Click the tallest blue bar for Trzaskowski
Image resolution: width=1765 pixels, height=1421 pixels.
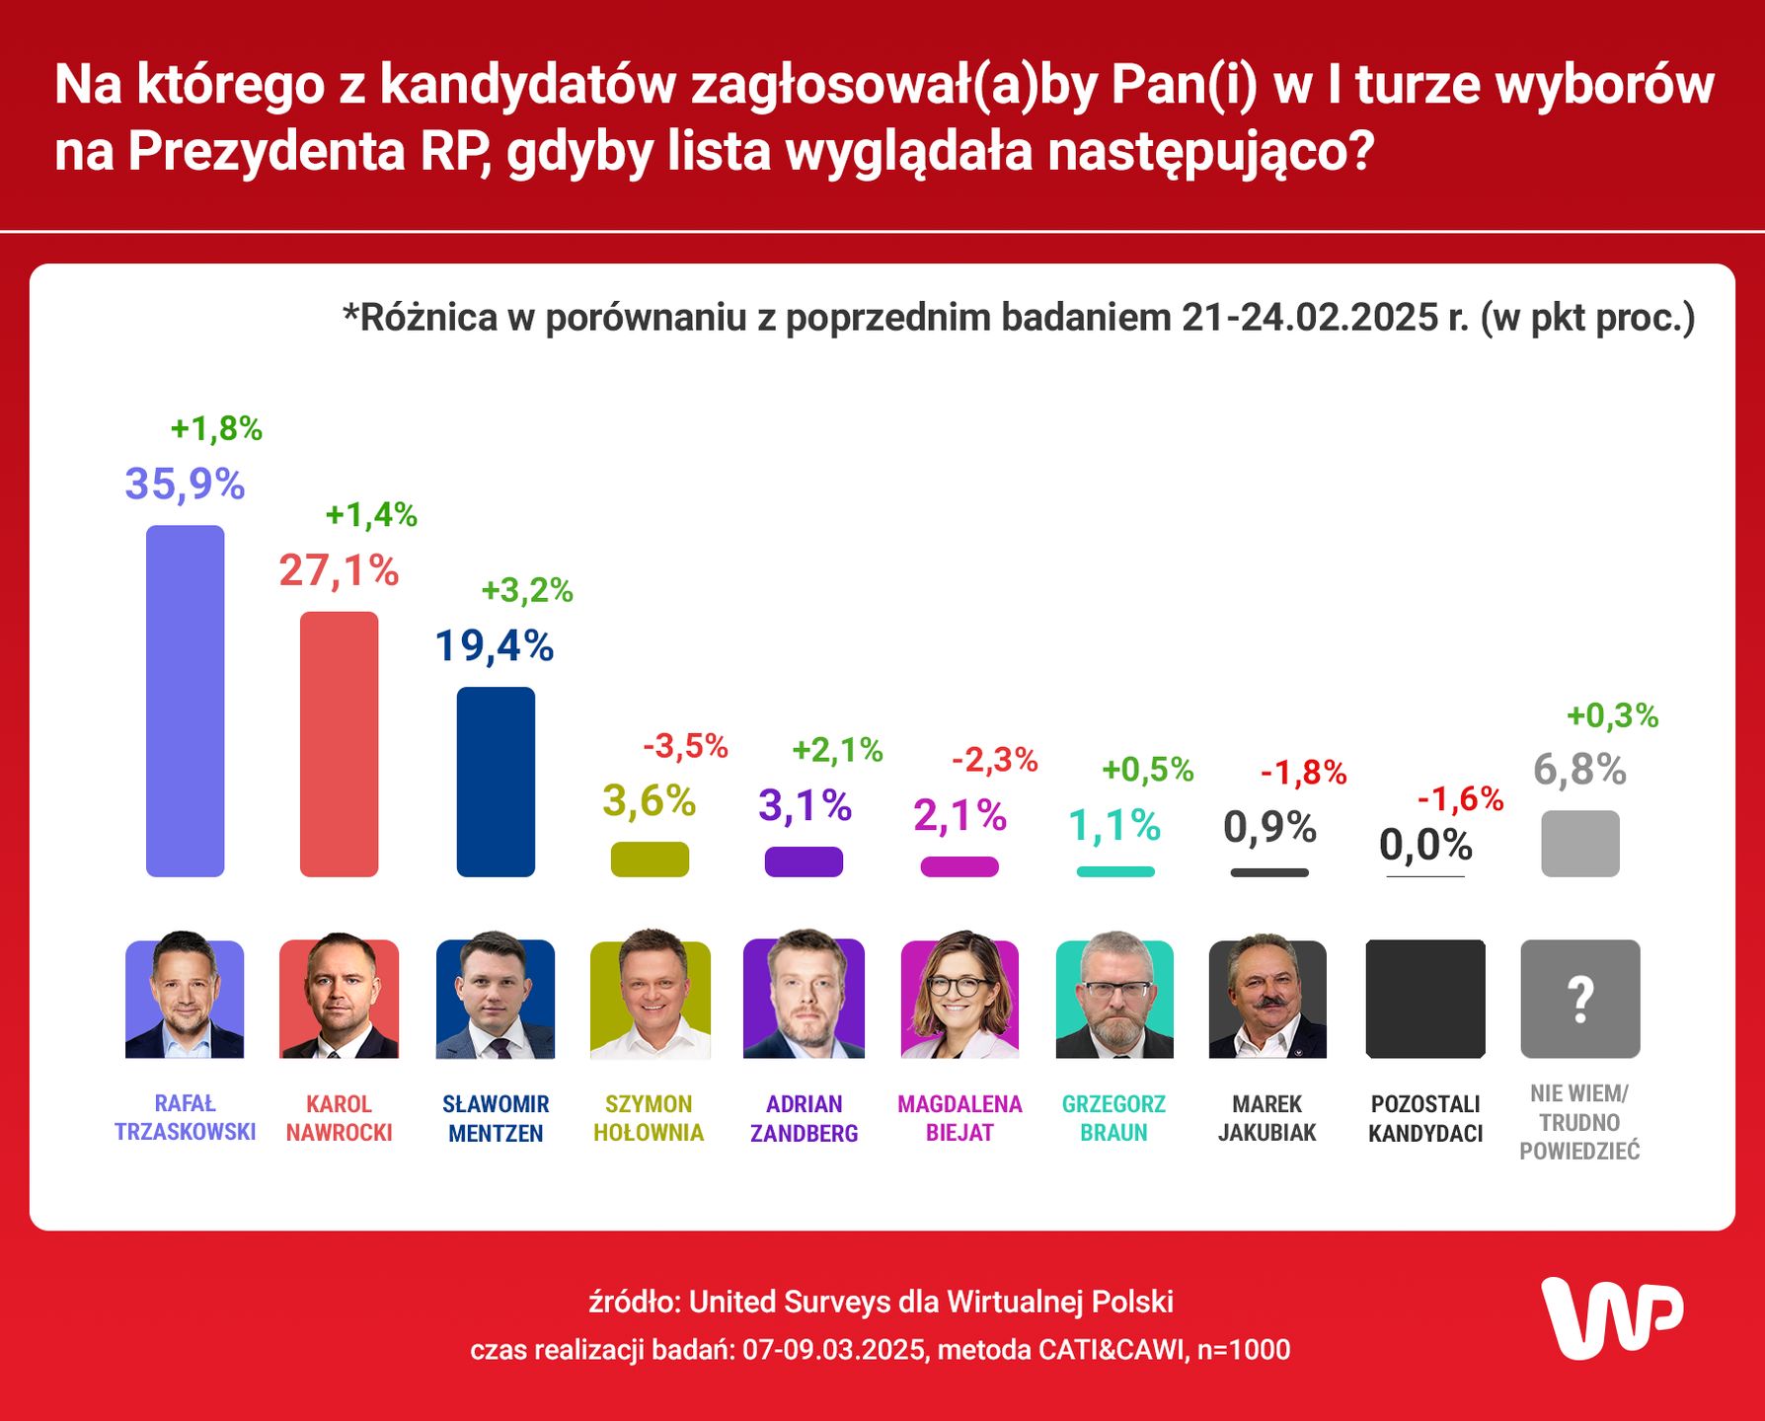[x=185, y=701]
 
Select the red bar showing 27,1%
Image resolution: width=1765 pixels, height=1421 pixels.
[x=339, y=744]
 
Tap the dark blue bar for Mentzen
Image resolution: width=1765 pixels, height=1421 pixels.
[x=496, y=782]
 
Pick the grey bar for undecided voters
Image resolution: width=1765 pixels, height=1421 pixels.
[x=1579, y=843]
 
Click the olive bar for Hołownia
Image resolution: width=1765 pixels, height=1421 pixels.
[x=650, y=859]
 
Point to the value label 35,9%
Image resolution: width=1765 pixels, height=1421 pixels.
[x=185, y=485]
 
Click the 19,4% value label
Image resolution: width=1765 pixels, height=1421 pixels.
[x=495, y=646]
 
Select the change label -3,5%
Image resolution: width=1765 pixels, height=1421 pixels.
[x=685, y=747]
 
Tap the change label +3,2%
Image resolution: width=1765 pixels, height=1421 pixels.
[x=526, y=590]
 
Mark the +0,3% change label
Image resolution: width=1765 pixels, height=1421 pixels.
[x=1612, y=715]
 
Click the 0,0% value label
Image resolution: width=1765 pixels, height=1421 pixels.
[x=1425, y=846]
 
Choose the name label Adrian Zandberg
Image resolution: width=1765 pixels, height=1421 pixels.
[x=804, y=1118]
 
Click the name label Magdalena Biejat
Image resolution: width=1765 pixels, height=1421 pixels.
[x=959, y=1118]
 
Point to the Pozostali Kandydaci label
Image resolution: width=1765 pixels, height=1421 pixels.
[x=1425, y=1118]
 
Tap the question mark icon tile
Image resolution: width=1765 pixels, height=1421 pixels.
[x=1579, y=999]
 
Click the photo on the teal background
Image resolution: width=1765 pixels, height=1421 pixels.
[x=1114, y=999]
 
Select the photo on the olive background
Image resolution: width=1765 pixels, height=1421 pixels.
[x=650, y=999]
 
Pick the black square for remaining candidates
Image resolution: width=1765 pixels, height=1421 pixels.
[x=1425, y=999]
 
